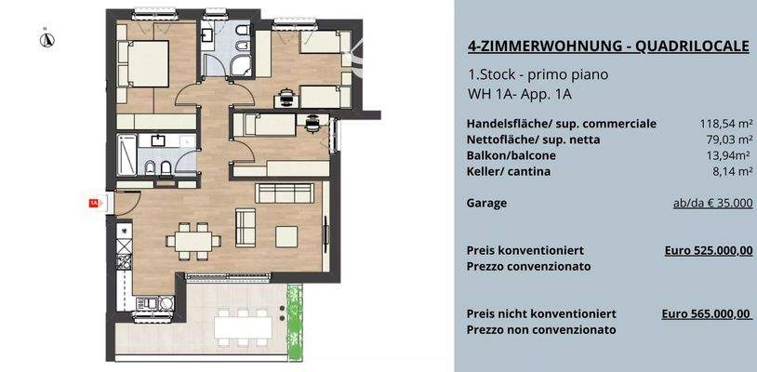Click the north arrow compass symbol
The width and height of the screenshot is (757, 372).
(45, 39)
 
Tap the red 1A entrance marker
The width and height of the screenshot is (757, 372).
(93, 201)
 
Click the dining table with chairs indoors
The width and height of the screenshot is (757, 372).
(193, 240)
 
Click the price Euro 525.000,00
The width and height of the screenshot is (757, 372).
(709, 250)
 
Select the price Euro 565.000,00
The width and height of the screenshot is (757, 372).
(706, 314)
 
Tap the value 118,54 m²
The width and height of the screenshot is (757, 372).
(725, 123)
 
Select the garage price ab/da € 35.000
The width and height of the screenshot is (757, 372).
(712, 203)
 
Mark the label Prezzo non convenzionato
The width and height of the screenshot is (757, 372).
(541, 329)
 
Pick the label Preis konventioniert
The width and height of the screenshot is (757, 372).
(525, 250)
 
